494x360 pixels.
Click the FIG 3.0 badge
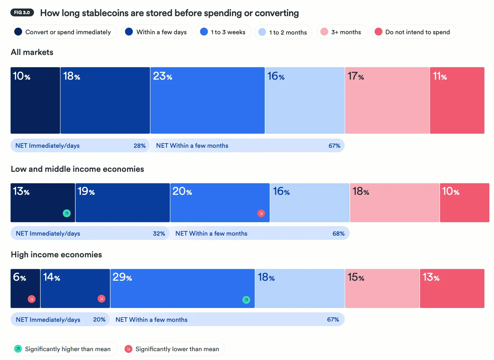(x=22, y=13)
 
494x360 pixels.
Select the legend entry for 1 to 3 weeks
(x=223, y=32)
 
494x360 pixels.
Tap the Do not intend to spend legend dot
(x=379, y=32)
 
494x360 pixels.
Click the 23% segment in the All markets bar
(x=208, y=100)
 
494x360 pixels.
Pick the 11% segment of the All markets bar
(x=457, y=100)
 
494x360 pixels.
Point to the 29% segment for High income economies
(x=183, y=289)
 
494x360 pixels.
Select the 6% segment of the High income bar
(x=25, y=289)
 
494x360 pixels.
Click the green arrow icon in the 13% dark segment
(x=67, y=213)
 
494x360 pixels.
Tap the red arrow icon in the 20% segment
(x=261, y=213)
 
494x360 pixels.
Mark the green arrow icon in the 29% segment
(x=246, y=300)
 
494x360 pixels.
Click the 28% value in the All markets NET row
(x=139, y=145)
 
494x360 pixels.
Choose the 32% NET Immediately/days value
(x=159, y=233)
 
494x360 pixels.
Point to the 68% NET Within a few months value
(x=338, y=233)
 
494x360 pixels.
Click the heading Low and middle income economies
(x=77, y=169)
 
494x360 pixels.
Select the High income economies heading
(x=56, y=254)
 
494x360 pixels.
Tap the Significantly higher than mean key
(x=64, y=349)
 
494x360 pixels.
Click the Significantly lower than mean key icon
(x=129, y=349)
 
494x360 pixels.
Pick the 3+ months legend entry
(x=342, y=32)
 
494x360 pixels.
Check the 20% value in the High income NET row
(x=99, y=320)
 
